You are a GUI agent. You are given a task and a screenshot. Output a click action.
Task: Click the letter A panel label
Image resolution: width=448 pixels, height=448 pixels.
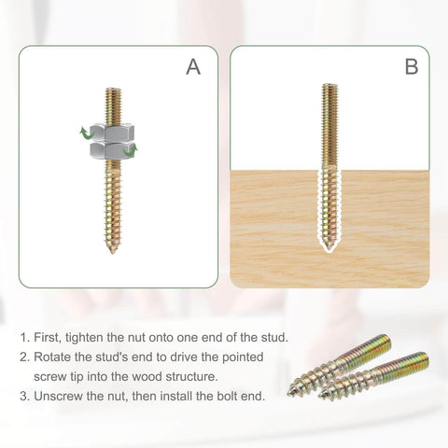193,67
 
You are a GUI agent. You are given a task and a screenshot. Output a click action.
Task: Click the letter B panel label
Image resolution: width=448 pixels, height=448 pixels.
412,67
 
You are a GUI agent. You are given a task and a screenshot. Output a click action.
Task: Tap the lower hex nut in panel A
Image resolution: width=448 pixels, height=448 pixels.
111,150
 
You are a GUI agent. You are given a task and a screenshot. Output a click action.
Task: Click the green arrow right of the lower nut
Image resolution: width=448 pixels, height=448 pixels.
130,149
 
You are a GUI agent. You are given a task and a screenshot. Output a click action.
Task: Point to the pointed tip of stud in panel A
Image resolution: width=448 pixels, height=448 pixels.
111,248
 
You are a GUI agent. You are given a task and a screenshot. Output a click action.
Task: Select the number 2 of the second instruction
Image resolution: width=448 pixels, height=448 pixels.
22,357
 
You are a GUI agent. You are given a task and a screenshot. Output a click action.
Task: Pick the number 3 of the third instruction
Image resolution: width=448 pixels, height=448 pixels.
22,396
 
